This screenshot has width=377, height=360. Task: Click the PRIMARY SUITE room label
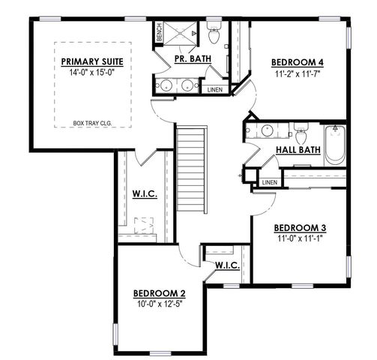pos(93,61)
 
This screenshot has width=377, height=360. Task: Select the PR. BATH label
pos(192,58)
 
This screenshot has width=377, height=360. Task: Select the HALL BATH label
pos(298,150)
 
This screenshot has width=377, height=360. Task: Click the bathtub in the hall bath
pos(334,145)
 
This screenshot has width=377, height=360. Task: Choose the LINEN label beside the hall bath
pos(270,182)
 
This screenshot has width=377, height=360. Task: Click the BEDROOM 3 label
pos(299,227)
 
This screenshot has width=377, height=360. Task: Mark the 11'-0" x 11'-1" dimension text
pos(299,239)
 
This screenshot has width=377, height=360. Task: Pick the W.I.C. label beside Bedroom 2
pos(226,265)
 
